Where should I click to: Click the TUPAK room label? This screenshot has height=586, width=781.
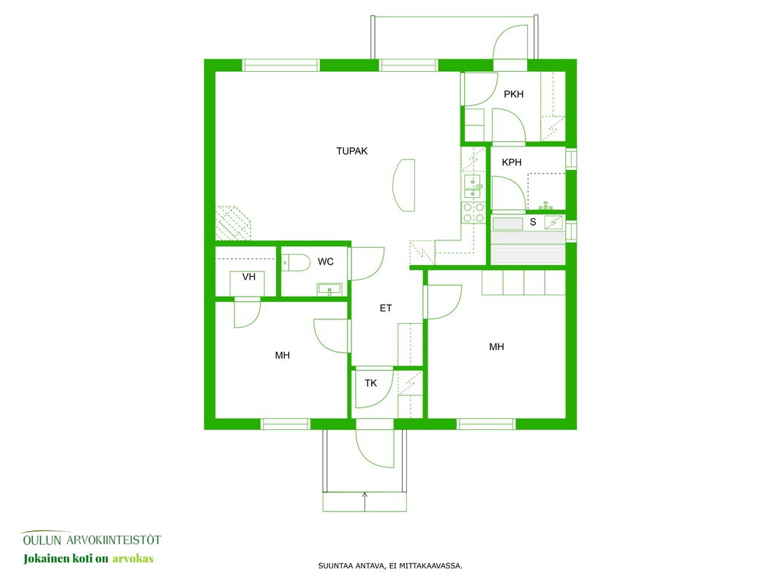click(351, 151)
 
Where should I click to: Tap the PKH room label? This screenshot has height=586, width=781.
click(514, 94)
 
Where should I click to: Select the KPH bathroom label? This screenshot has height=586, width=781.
click(512, 163)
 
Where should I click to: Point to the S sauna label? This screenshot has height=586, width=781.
click(533, 222)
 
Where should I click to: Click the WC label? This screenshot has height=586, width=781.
click(325, 262)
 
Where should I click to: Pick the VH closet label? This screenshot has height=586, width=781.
click(249, 277)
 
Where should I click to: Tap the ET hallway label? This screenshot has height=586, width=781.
click(386, 308)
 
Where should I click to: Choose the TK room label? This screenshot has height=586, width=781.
click(370, 383)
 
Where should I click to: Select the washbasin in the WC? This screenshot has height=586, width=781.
click(329, 289)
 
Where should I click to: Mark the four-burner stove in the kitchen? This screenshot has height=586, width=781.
click(473, 212)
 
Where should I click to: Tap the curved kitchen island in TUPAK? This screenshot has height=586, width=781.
click(404, 185)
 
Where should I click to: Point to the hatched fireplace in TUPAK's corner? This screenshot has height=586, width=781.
click(233, 223)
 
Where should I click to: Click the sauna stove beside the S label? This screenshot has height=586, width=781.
click(553, 223)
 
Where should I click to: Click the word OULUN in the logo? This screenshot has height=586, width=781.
click(42, 540)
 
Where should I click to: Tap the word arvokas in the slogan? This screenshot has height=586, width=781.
click(133, 559)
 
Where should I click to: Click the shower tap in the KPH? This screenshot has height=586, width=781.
click(546, 206)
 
